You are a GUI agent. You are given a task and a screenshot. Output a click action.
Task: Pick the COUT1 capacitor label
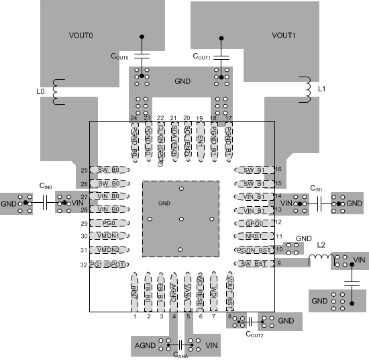click(201, 56)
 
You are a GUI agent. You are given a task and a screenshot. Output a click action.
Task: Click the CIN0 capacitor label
click(46, 185)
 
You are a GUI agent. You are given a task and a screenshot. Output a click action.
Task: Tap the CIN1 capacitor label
click(319, 189)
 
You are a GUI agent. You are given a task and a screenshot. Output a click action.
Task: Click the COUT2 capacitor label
click(254, 333)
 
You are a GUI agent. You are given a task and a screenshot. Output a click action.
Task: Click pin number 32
click(84, 265)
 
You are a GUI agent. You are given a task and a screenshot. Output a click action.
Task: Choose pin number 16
click(278, 169)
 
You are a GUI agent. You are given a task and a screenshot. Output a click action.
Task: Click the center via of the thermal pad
click(181, 219)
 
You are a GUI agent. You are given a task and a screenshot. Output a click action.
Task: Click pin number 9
click(278, 263)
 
